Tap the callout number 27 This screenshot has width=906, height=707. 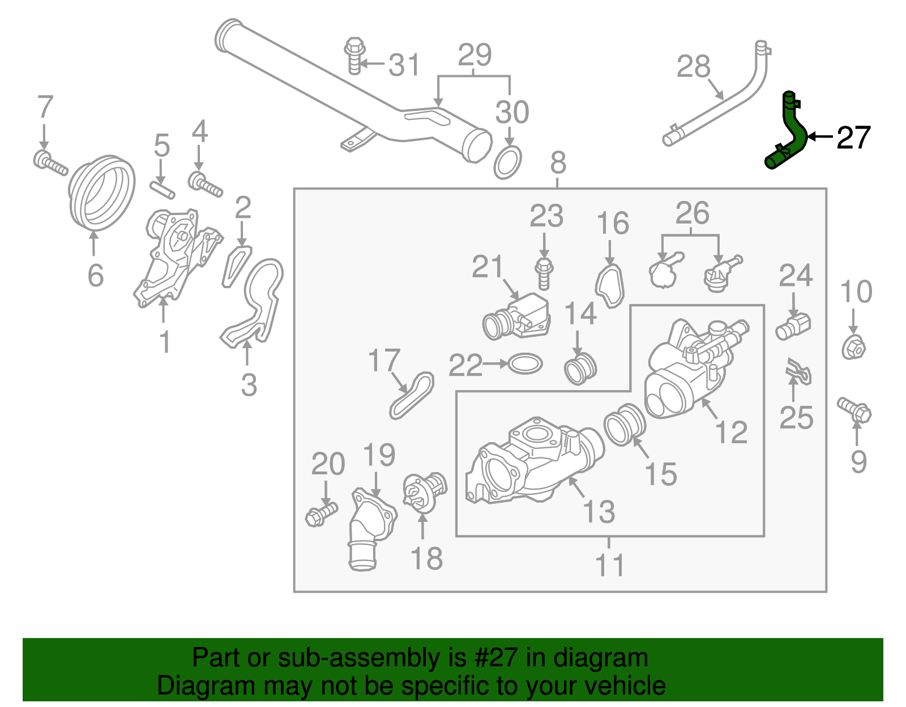coord(853,138)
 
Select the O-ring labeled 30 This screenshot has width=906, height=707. coord(508,162)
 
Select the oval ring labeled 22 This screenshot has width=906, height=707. coord(525,364)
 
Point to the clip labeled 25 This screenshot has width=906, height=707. coord(799,372)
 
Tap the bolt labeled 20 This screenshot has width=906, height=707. coord(320,514)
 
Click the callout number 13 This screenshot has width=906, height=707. coord(599,512)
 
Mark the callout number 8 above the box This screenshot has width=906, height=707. coord(558,163)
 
